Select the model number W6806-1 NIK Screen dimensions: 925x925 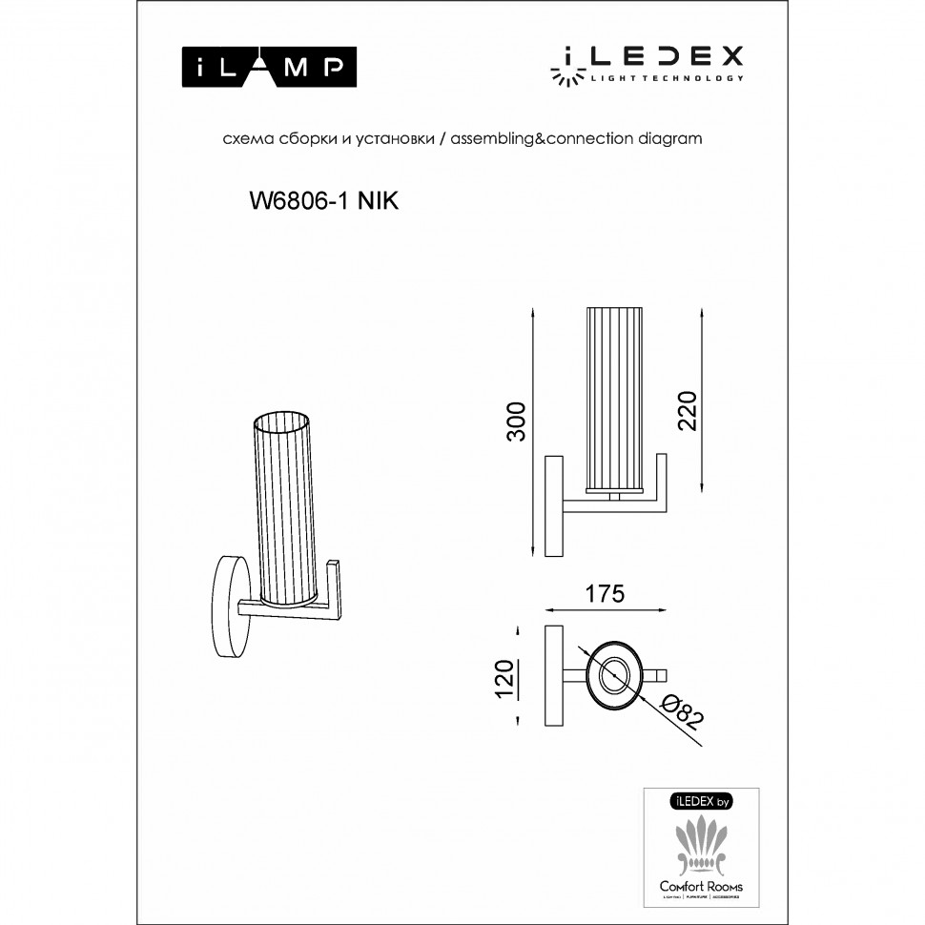tap(322, 200)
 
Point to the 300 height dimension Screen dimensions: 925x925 tap(516, 421)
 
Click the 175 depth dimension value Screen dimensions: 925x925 tap(604, 593)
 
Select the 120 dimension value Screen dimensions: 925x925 tap(504, 678)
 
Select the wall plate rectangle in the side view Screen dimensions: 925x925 tap(553, 506)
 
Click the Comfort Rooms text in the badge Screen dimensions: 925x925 tap(701, 886)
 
